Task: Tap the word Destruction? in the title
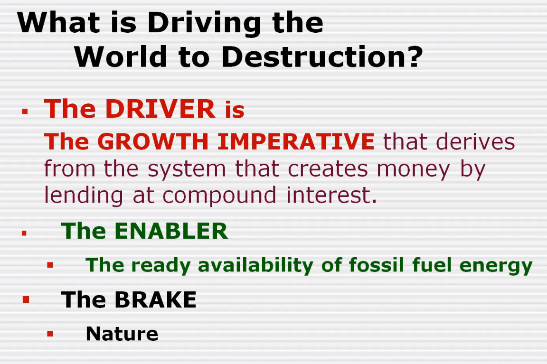pyautogui.click(x=322, y=56)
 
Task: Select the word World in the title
pyautogui.click(x=121, y=56)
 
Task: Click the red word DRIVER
pyautogui.click(x=160, y=109)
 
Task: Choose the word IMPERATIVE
pyautogui.click(x=296, y=141)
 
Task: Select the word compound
pyautogui.click(x=219, y=196)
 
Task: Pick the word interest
pyautogui.click(x=332, y=195)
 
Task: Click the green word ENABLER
pyautogui.click(x=171, y=231)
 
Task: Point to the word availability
pyautogui.click(x=256, y=265)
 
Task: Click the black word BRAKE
pyautogui.click(x=155, y=299)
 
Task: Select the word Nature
pyautogui.click(x=122, y=334)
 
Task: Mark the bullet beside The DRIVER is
pyautogui.click(x=25, y=111)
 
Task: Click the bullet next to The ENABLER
pyautogui.click(x=24, y=233)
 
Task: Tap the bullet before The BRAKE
pyautogui.click(x=26, y=299)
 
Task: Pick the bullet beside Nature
pyautogui.click(x=50, y=334)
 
